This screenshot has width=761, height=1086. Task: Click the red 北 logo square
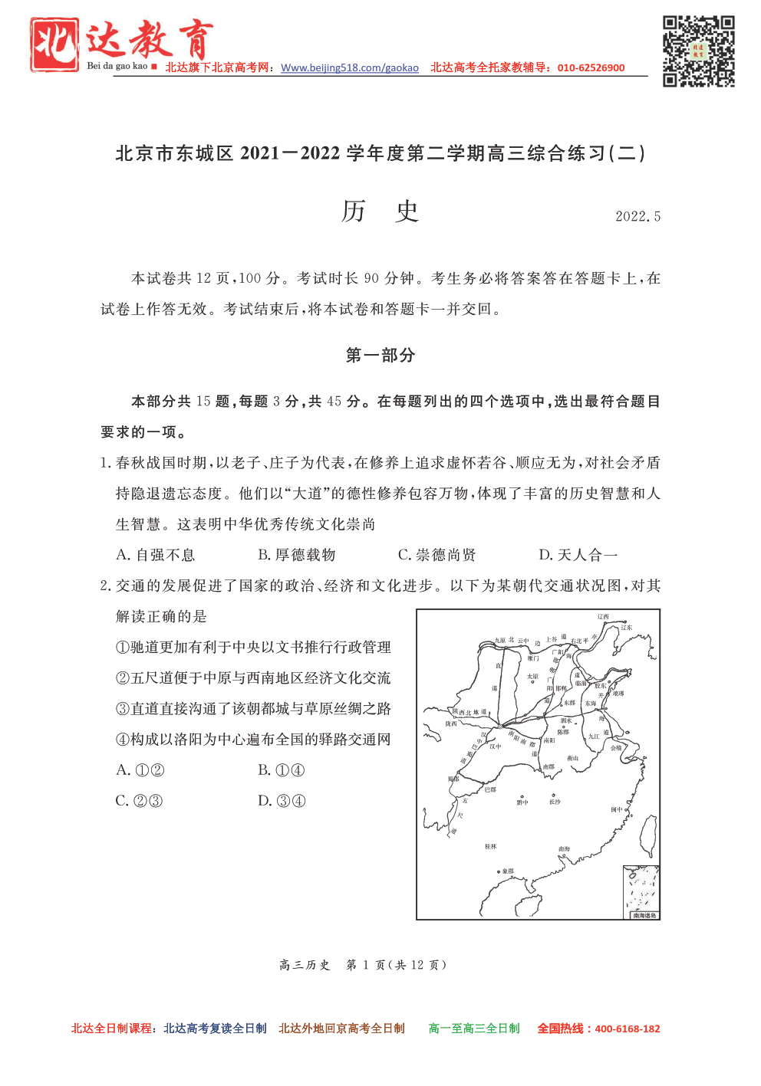click(x=54, y=45)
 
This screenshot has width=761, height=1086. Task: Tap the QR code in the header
click(x=698, y=51)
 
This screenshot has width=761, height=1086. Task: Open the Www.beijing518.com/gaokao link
click(x=350, y=67)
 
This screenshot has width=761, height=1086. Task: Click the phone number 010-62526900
click(x=591, y=67)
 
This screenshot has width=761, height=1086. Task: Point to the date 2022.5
click(x=637, y=217)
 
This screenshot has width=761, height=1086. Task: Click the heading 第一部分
click(x=380, y=355)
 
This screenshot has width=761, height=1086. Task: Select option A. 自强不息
click(x=156, y=555)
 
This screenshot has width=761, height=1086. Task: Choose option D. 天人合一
click(x=578, y=555)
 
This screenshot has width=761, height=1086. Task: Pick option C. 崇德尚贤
click(x=437, y=555)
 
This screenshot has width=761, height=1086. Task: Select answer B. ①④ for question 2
click(x=282, y=770)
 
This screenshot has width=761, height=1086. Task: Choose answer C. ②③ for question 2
click(x=139, y=801)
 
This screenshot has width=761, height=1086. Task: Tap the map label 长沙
click(x=555, y=802)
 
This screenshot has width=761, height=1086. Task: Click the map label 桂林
click(x=491, y=847)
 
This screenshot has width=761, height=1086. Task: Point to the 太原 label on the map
click(x=532, y=677)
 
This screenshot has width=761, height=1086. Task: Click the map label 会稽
click(x=616, y=748)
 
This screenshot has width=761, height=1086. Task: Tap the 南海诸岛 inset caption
click(x=644, y=915)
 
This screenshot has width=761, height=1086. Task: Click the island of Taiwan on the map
click(x=648, y=835)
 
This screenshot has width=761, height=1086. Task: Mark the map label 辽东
click(x=627, y=628)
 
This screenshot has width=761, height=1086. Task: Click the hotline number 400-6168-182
click(x=627, y=1029)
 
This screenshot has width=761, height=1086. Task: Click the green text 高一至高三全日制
click(x=473, y=1029)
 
